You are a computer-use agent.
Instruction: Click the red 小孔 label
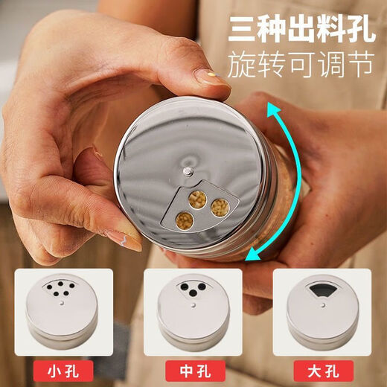[63, 371]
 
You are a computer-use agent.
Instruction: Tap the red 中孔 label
[195, 371]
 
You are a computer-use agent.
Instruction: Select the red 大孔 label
[324, 371]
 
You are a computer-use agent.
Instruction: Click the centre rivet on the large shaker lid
[188, 171]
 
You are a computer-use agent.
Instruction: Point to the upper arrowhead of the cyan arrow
[273, 109]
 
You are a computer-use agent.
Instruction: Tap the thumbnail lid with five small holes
[62, 310]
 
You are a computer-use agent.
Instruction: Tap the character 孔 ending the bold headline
[360, 28]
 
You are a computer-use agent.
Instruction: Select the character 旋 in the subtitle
[241, 64]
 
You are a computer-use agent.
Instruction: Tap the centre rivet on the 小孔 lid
[62, 303]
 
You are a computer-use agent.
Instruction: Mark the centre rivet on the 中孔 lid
[193, 304]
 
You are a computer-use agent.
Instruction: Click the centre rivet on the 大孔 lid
[323, 304]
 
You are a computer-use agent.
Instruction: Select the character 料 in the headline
[331, 28]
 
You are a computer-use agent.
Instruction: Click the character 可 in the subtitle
[301, 64]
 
